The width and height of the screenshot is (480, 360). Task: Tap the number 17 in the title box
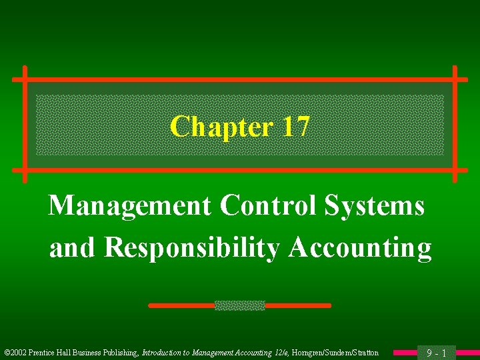295,126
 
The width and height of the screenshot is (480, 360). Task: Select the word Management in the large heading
129,206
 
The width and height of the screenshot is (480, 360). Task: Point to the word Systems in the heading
374,206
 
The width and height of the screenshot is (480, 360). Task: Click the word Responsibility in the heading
193,248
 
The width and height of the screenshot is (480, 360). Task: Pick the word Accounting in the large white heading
360,248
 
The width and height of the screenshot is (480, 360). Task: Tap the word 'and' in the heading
73,248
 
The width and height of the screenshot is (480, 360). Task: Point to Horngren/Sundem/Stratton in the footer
336,353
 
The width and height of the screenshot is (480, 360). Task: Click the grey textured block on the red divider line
239,305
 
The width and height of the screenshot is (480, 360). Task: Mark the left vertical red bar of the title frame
25,124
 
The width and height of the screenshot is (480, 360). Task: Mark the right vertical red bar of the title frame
455,124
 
